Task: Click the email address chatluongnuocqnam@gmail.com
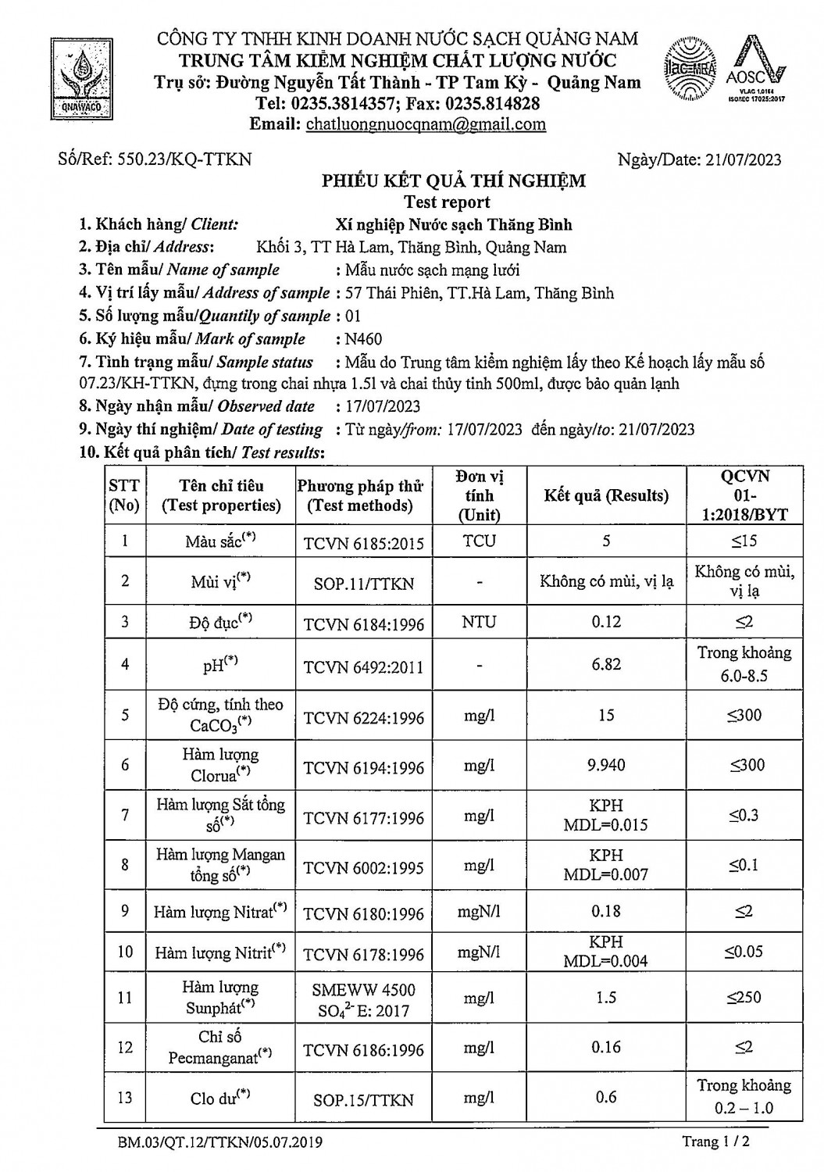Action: click(426, 124)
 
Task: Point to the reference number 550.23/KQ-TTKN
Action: click(184, 159)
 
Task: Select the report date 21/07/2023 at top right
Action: click(743, 159)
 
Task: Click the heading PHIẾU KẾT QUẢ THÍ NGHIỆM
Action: click(455, 181)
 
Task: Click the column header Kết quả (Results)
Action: click(606, 495)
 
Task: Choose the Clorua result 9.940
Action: click(606, 765)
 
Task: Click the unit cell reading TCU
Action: click(479, 541)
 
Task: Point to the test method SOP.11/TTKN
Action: click(363, 583)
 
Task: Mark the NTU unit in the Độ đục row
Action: click(479, 623)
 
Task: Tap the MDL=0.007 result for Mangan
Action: click(606, 875)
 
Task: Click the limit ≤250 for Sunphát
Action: click(744, 997)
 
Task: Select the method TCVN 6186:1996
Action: click(363, 1050)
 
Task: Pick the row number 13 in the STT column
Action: click(125, 1098)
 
